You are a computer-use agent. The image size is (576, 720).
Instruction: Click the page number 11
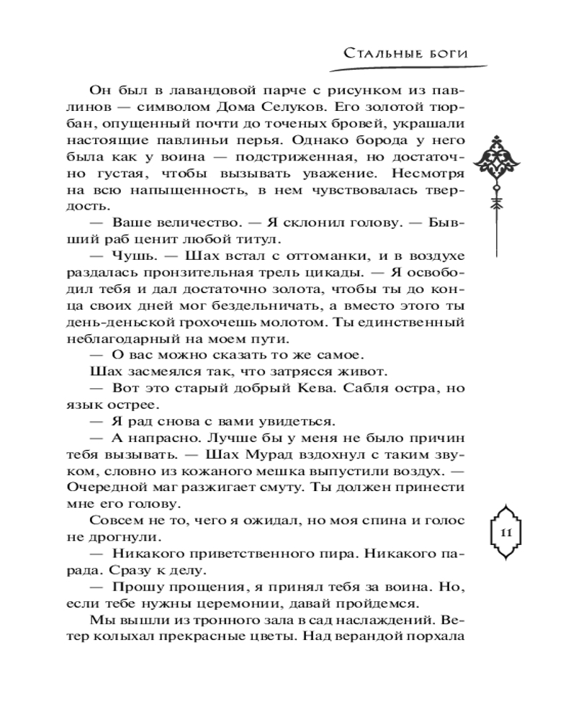pos(505,533)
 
